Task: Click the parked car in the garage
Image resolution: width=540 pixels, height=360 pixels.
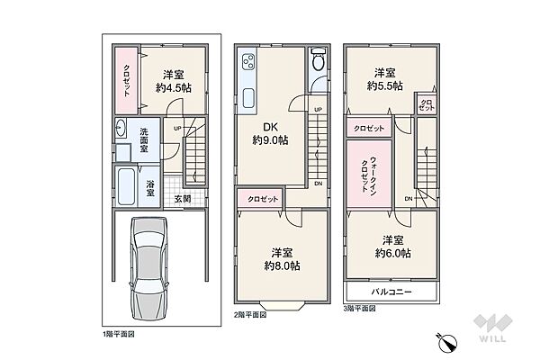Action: click(148, 269)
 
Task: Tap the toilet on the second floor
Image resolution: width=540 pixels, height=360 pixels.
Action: click(318, 58)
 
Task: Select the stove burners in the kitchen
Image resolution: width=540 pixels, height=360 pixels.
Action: click(247, 62)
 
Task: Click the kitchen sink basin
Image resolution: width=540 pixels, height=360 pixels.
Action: click(248, 98)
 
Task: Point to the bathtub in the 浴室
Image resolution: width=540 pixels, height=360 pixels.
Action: click(126, 186)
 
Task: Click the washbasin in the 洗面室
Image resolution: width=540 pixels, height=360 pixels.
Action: click(121, 128)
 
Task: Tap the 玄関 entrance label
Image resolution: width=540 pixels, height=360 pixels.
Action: click(183, 199)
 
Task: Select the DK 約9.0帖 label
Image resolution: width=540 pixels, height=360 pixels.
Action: click(270, 134)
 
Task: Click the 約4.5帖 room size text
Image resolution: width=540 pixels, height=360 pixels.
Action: click(174, 88)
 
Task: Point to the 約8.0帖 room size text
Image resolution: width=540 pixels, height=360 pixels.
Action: click(282, 266)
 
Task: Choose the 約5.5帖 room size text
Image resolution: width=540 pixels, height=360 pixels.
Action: click(384, 85)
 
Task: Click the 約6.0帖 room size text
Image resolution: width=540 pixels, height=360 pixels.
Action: click(392, 254)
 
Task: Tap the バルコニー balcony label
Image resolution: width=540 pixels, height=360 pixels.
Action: click(391, 292)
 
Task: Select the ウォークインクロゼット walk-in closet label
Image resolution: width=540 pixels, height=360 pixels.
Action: click(369, 175)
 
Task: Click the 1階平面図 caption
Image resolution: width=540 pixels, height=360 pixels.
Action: click(119, 334)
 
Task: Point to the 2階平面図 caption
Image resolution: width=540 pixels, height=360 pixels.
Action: click(250, 314)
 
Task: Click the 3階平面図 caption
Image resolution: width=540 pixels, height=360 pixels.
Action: click(359, 309)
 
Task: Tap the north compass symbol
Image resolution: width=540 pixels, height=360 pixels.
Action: click(447, 342)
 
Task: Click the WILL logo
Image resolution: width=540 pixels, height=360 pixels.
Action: click(493, 328)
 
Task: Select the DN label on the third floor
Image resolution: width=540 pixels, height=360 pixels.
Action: click(409, 199)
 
